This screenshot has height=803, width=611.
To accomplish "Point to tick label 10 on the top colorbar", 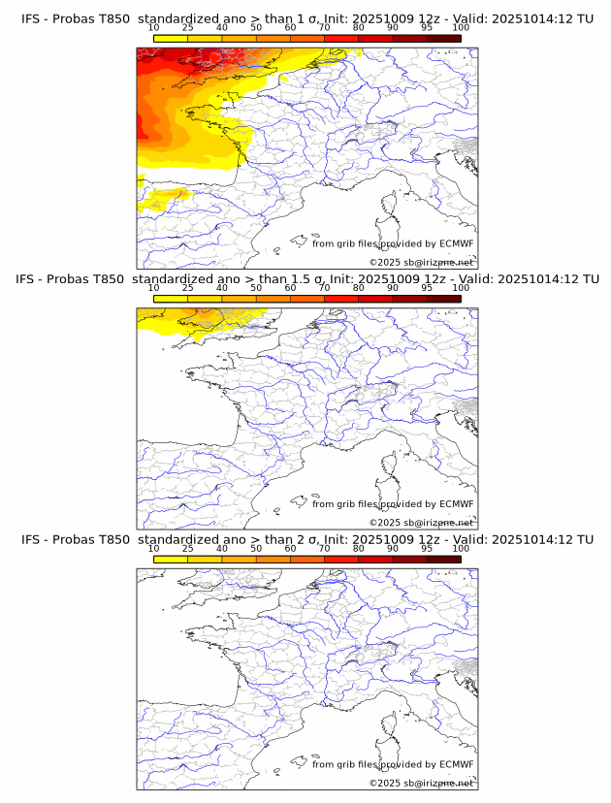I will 153,28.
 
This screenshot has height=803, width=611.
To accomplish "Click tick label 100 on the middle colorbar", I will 461,288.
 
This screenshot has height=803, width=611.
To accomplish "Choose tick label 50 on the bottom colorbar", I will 256,549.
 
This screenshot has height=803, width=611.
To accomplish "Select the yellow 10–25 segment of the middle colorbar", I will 171,298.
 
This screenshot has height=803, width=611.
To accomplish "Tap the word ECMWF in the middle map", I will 456,504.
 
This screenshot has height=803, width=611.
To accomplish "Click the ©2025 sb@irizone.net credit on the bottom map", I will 421,783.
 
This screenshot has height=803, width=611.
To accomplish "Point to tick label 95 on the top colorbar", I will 427,28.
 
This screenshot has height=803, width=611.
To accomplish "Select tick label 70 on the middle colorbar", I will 324,288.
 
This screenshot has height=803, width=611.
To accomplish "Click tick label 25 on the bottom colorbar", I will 187,549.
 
